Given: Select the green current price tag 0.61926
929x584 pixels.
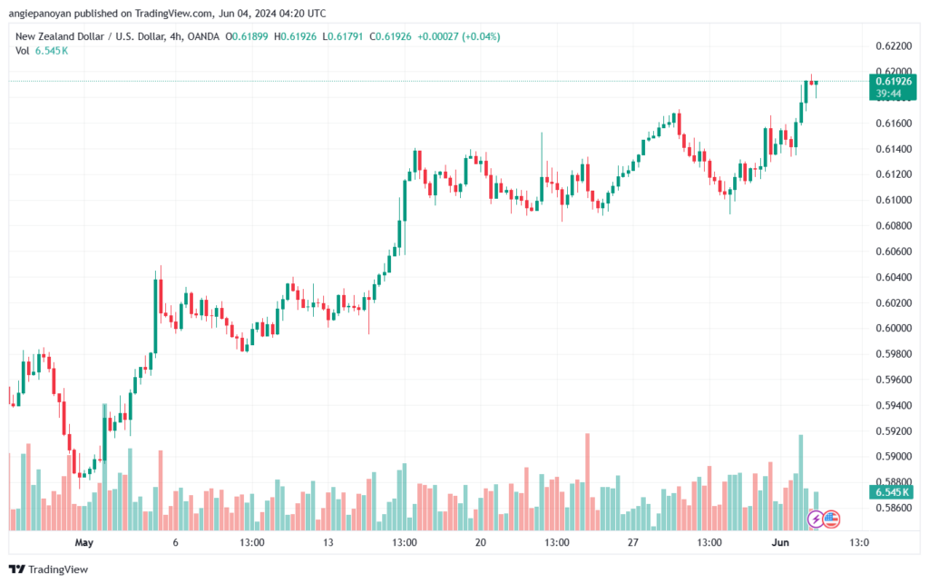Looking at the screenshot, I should click(894, 81).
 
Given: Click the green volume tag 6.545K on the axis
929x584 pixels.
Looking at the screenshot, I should click(893, 491).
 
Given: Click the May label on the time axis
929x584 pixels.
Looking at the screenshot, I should click(84, 543).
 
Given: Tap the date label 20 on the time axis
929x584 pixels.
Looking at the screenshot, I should click(480, 543).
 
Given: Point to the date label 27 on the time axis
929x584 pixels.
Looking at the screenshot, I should click(632, 543).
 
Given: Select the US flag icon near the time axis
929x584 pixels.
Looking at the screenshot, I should click(831, 520).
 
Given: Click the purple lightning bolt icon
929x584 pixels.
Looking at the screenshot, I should click(816, 520).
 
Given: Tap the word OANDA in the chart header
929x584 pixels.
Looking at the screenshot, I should click(237, 36).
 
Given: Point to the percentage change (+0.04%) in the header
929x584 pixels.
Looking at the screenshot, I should click(481, 36).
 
